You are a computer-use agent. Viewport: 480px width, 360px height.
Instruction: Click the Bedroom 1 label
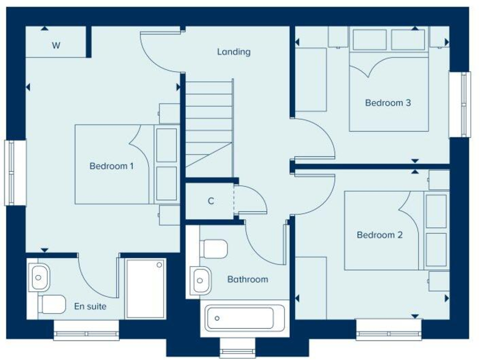point(111,166)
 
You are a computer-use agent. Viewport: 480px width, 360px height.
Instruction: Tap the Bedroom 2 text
point(379,235)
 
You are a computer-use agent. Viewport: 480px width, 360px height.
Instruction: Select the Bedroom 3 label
point(388,103)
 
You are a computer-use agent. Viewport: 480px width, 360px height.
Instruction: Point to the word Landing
point(234,52)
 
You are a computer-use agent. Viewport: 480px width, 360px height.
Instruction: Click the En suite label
point(90,307)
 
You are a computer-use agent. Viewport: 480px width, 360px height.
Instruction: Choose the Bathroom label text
point(247,279)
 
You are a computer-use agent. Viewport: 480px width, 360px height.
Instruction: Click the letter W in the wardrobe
point(56,45)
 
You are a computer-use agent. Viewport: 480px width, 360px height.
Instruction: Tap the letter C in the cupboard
point(211,201)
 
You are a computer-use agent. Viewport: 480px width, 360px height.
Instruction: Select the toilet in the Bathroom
point(214,250)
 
